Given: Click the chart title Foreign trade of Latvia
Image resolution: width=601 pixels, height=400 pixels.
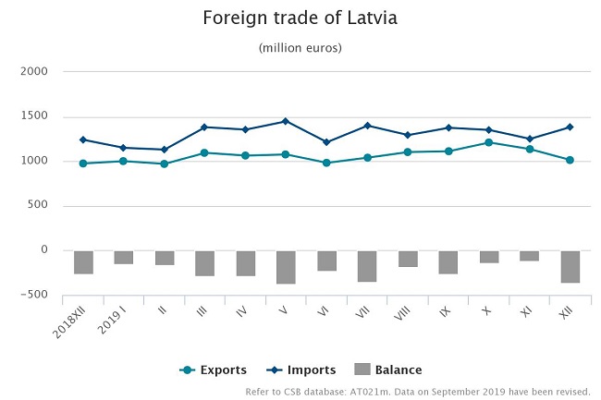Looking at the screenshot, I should coord(300,18).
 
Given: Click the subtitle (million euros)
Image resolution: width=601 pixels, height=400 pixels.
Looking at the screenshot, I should coord(300,47).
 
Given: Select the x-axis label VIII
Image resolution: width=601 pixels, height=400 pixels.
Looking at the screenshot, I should coord(405,311).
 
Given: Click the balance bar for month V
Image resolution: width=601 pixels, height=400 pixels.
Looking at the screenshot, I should coord(286,267).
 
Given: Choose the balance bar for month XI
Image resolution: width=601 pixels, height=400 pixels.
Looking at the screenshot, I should coord(529,256).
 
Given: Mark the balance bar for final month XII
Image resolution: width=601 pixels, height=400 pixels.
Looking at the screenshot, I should coord(570,266).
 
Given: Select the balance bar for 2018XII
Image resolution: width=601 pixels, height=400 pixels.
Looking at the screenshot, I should coord(83,262).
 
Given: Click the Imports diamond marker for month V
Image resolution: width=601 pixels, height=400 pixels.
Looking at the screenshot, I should coord(286,121).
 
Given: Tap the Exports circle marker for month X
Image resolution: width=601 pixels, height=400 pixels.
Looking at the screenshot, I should coord(489,142).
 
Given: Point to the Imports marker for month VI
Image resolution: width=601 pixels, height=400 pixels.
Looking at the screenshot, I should coord(326,142).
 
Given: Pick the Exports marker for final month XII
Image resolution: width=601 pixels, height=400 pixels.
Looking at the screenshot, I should coord(570,160).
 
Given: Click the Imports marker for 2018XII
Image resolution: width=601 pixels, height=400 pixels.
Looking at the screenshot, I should coord(83,139).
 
